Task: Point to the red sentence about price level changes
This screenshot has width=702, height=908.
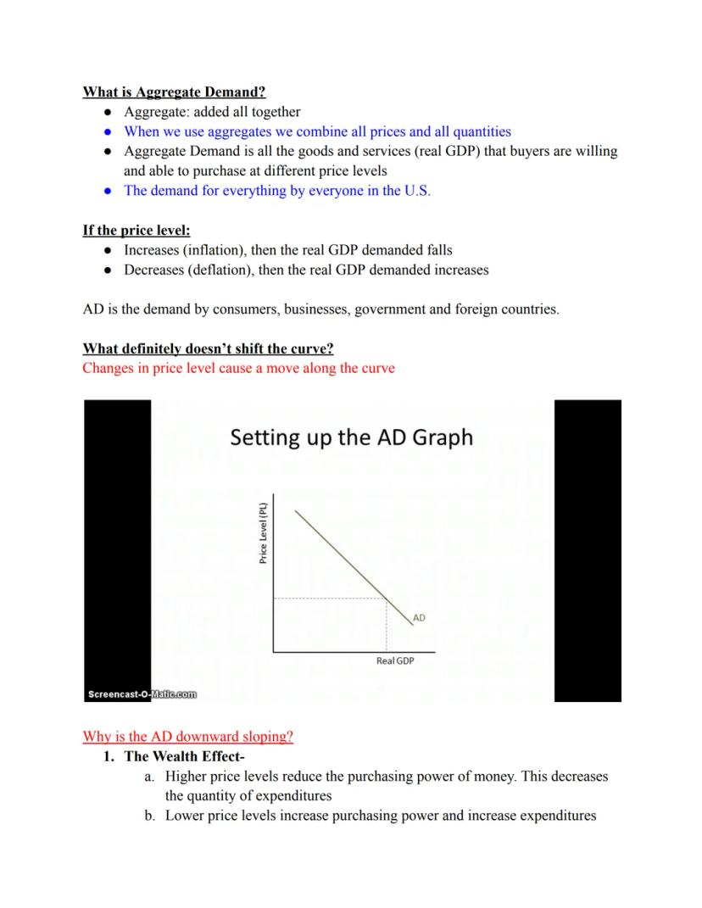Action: click(x=238, y=368)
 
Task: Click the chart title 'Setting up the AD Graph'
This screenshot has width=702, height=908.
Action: click(x=352, y=437)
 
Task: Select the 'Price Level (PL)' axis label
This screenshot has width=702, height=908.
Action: click(x=264, y=533)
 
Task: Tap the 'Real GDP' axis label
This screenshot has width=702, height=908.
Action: click(x=394, y=660)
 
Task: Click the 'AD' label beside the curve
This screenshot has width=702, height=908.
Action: click(x=419, y=618)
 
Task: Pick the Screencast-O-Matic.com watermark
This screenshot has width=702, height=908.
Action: click(x=142, y=694)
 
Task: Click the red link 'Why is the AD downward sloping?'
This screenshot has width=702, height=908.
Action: click(x=187, y=736)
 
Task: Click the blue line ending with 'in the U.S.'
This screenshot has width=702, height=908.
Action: click(x=276, y=190)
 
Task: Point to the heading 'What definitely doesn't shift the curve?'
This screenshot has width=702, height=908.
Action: click(x=208, y=348)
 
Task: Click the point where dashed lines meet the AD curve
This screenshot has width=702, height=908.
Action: click(x=387, y=599)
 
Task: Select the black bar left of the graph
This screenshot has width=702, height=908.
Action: click(x=117, y=543)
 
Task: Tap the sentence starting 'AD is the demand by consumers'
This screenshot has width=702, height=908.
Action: click(x=320, y=309)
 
